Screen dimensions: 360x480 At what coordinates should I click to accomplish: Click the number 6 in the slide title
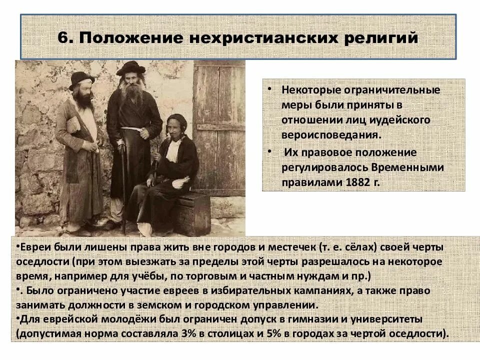coord(62,38)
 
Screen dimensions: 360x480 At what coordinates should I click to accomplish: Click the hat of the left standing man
coord(81,78)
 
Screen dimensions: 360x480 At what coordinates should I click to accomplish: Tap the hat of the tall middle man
coord(130,68)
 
